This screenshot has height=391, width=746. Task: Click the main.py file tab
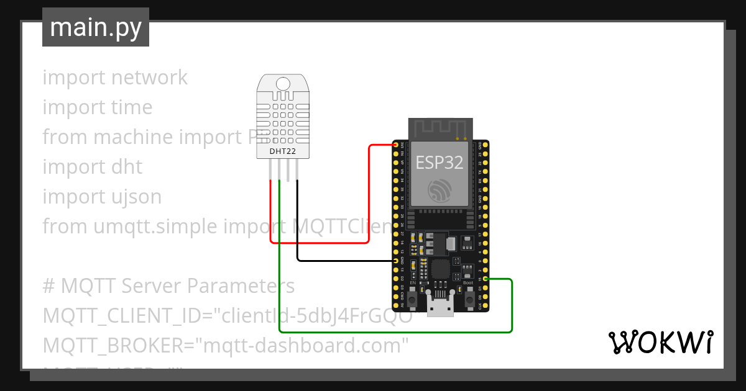(x=96, y=27)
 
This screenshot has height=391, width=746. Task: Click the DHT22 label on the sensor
(x=283, y=151)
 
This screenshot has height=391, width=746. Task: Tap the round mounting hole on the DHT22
(x=283, y=83)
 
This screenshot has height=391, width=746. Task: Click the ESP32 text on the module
(x=440, y=163)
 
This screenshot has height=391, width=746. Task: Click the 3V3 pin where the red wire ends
(x=396, y=145)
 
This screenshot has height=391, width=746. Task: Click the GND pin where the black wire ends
(x=396, y=261)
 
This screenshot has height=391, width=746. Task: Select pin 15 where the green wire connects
(x=485, y=280)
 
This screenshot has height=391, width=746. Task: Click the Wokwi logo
(x=660, y=343)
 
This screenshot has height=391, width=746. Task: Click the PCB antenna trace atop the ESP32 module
(x=440, y=128)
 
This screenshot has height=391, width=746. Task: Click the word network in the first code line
(x=149, y=78)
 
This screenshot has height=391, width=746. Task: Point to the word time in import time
(x=131, y=107)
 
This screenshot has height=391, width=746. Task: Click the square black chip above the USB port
(x=440, y=269)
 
